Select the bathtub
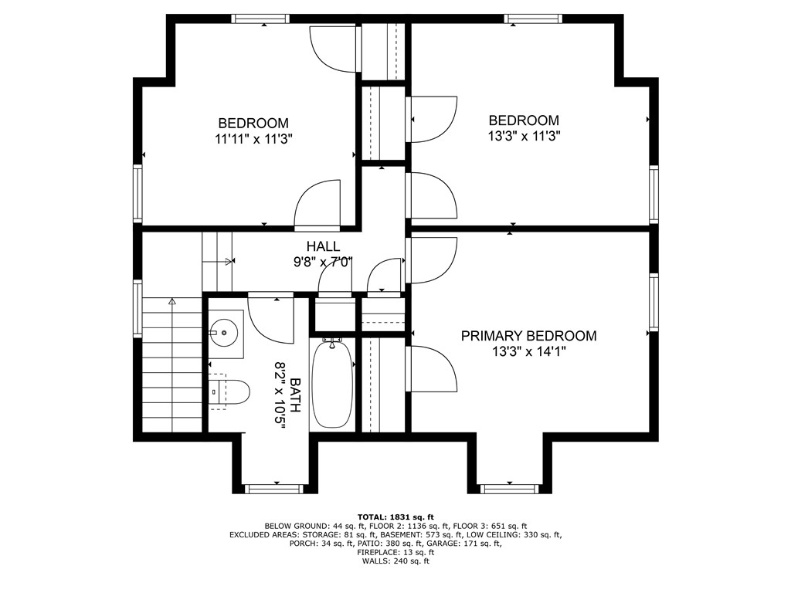point(332,384)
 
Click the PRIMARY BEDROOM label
point(528,336)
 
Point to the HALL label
point(323,246)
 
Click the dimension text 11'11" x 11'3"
point(253,139)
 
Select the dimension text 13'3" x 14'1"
point(528,352)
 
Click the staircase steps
point(172,363)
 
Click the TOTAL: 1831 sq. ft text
point(395,517)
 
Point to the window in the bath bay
point(274,488)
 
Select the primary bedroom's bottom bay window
point(508,488)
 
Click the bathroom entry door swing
point(270,318)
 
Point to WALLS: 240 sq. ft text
point(395,561)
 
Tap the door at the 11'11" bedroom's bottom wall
point(317,205)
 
